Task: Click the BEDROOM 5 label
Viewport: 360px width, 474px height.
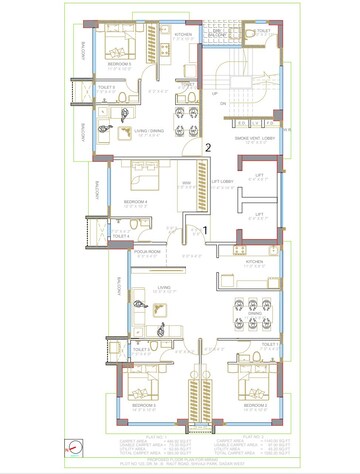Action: coord(121,62)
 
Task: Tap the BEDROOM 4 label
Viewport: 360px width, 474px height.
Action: coord(135,202)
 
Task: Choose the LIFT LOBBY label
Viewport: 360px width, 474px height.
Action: coord(222,181)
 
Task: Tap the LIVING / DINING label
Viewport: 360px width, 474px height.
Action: coord(150,131)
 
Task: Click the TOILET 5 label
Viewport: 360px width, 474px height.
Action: coord(107,88)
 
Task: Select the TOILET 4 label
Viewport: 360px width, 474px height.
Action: coord(121,236)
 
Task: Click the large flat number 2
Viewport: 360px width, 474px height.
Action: coord(207,148)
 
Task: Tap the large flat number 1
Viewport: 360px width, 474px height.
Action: coord(206,230)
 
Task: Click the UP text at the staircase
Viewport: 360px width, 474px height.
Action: coord(212,93)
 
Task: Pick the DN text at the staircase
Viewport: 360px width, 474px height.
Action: coord(222,103)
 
